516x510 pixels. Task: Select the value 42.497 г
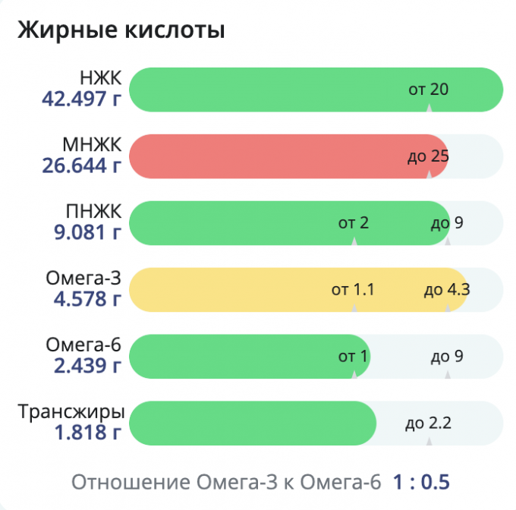click(83, 99)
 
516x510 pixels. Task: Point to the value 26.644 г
click(83, 165)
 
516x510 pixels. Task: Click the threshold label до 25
click(428, 156)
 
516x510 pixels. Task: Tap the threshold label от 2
click(354, 222)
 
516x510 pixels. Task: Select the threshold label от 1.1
click(354, 289)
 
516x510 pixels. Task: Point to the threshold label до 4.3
click(447, 289)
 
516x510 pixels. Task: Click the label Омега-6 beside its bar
click(83, 345)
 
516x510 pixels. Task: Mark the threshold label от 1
click(353, 356)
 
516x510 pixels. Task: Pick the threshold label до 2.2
click(429, 423)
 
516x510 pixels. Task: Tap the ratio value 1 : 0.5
click(421, 481)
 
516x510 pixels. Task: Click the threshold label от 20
click(429, 90)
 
